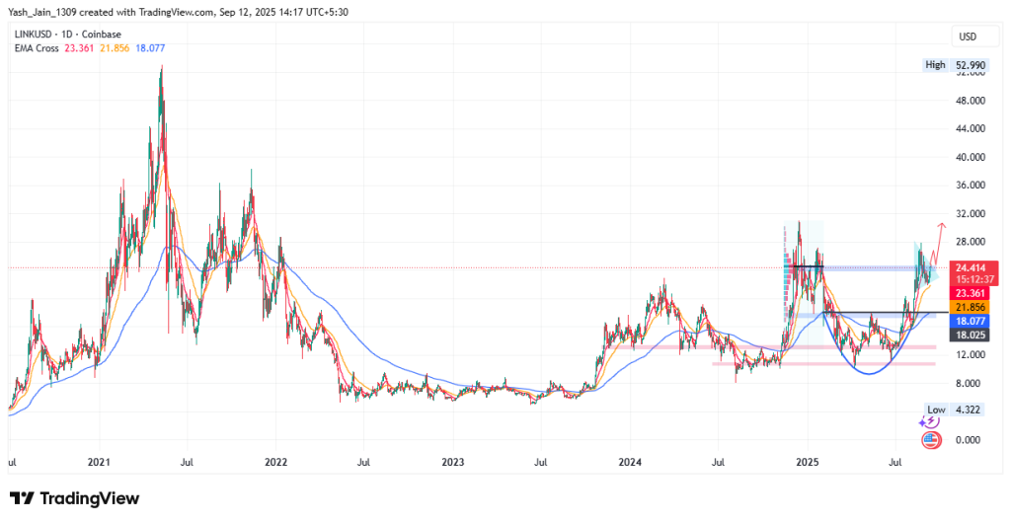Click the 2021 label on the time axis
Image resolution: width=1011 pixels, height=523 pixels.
(99, 462)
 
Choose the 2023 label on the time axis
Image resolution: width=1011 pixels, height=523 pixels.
(452, 462)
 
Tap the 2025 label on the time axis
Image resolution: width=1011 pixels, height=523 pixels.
(807, 462)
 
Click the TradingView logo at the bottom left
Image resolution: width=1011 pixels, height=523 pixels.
(74, 498)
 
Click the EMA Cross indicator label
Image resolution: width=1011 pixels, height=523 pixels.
(36, 49)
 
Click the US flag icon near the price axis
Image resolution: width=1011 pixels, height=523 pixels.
(929, 439)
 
